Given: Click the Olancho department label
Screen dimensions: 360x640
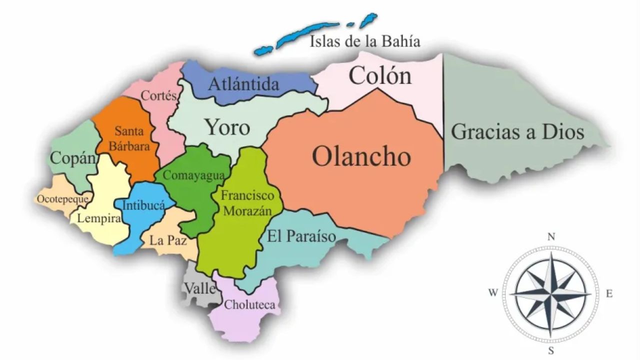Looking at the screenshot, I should pyautogui.click(x=361, y=156).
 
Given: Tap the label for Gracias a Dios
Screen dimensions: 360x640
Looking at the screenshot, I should pyautogui.click(x=517, y=132).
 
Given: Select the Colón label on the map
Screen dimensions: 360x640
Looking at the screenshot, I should pyautogui.click(x=380, y=75).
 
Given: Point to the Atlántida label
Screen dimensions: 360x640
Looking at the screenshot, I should pyautogui.click(x=243, y=84).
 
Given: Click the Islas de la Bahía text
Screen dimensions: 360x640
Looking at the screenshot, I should pyautogui.click(x=365, y=41).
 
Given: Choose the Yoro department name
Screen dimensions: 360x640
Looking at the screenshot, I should pyautogui.click(x=227, y=127).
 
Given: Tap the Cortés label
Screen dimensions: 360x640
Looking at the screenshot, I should pyautogui.click(x=159, y=95).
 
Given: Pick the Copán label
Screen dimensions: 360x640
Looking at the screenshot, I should pyautogui.click(x=73, y=158).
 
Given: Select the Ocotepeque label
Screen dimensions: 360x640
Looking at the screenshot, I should pyautogui.click(x=63, y=199).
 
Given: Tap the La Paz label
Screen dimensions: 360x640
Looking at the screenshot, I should pyautogui.click(x=168, y=240).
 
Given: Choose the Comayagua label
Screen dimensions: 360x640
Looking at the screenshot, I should pyautogui.click(x=194, y=175).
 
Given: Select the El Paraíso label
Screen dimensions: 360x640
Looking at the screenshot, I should pyautogui.click(x=301, y=236).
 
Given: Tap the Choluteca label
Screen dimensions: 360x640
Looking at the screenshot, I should pyautogui.click(x=249, y=304).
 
